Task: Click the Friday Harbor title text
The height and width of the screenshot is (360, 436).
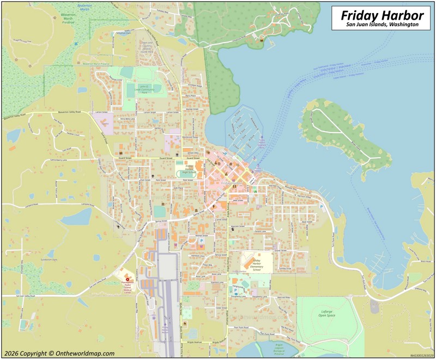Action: (x=380, y=15)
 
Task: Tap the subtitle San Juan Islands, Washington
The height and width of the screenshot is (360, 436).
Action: (x=382, y=25)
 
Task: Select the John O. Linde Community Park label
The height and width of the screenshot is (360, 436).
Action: (x=144, y=89)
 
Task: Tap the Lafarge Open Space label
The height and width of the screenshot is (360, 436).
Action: (x=326, y=313)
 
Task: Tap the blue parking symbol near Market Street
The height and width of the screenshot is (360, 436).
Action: (x=201, y=241)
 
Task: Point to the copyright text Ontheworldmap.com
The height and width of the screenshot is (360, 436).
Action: (x=58, y=353)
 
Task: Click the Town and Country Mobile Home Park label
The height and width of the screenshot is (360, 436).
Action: (x=147, y=46)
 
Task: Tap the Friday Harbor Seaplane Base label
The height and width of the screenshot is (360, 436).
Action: (x=262, y=143)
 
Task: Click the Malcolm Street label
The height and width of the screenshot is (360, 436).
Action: (x=238, y=226)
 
